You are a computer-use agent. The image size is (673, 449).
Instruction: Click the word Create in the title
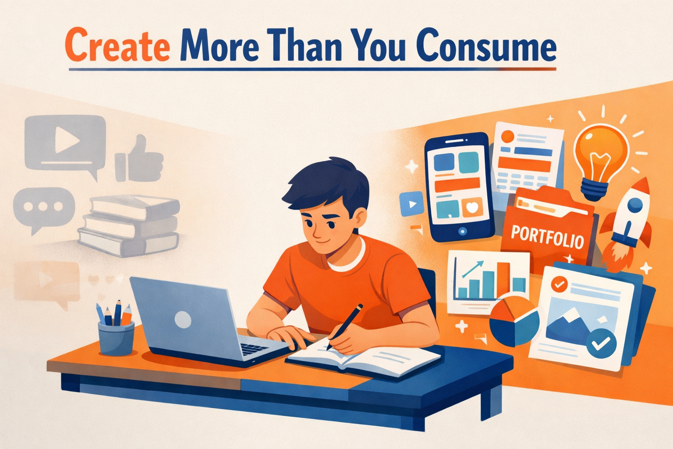coord(117,46)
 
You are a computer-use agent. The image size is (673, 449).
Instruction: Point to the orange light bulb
coord(601,162)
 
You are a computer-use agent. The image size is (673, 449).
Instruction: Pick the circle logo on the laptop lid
coord(183,319)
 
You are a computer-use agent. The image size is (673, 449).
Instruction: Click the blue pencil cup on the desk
coord(116,338)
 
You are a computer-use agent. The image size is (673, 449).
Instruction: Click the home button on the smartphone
coord(463,231)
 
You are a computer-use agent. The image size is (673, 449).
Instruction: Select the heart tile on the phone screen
coord(472,207)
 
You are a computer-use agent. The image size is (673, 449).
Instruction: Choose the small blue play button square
coord(412,204)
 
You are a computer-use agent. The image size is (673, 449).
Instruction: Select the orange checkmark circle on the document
coord(560,284)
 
